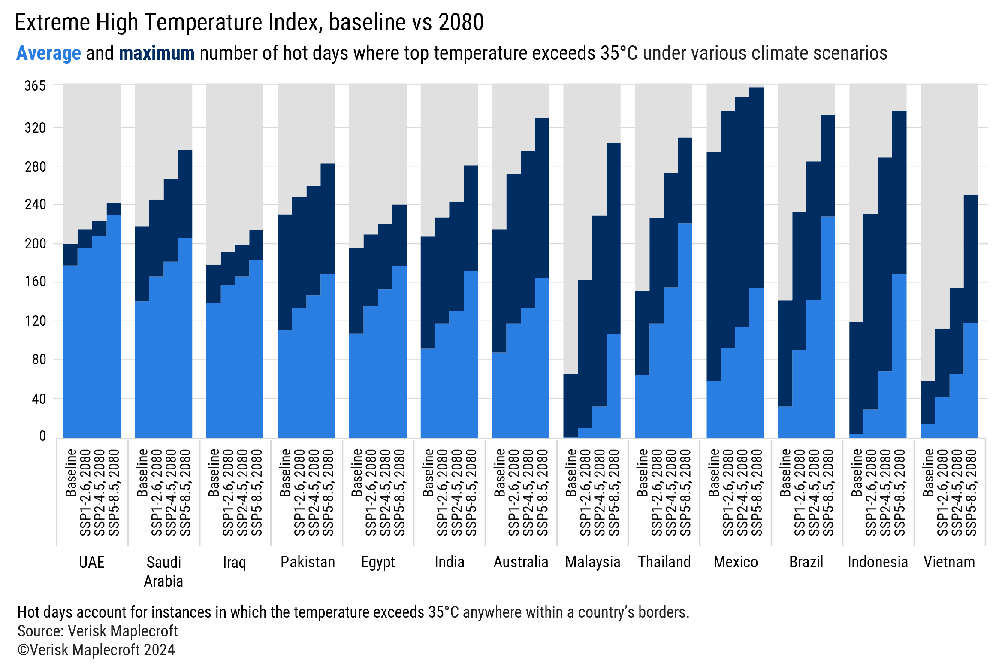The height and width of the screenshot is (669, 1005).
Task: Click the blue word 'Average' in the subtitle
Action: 48,53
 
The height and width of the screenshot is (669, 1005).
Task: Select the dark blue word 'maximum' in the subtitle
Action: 157,53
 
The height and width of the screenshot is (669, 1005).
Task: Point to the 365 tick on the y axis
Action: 35,86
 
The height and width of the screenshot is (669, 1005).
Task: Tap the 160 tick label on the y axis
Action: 35,282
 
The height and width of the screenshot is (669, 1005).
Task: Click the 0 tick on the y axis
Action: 42,436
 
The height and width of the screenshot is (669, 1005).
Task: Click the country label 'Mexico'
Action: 735,562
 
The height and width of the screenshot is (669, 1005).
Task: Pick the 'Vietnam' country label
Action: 949,562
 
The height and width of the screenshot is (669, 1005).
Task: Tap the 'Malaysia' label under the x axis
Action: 592,562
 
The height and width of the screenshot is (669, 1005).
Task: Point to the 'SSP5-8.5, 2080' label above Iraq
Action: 257,492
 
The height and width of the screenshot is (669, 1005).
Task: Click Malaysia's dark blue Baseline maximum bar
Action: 570,406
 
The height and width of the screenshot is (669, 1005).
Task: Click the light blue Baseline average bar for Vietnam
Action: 928,430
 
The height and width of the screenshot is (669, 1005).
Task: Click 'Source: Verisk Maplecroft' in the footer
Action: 97,631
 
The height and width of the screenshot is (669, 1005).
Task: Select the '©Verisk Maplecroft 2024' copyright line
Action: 96,650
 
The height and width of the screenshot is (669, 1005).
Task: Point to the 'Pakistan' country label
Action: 307,562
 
